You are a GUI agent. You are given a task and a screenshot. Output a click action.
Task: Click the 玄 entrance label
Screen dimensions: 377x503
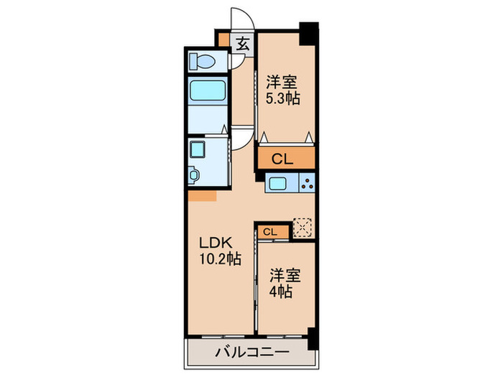[x=244, y=43]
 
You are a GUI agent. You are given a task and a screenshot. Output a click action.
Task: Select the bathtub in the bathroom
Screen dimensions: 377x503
[x=207, y=92]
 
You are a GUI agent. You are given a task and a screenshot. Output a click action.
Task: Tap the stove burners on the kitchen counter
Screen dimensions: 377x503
[x=306, y=183]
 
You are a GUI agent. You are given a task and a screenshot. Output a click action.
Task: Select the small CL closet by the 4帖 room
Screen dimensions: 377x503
[x=270, y=231]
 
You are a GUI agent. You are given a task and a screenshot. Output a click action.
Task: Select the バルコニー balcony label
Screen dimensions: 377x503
[x=251, y=353]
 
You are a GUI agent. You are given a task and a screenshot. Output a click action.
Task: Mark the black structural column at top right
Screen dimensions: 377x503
[x=308, y=32]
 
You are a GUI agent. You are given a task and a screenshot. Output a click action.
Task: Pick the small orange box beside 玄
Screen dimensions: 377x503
[x=223, y=40]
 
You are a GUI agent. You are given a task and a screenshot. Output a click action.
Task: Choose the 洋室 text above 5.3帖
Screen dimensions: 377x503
[x=282, y=80]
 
